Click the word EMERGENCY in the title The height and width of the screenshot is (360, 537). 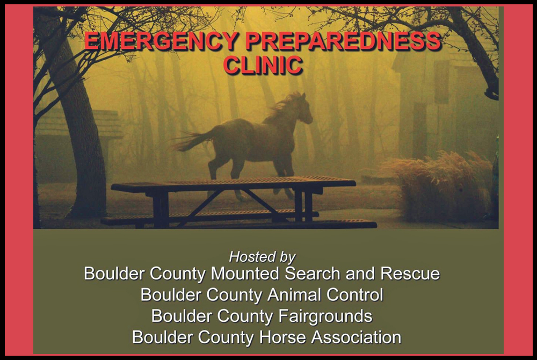[x=161, y=41]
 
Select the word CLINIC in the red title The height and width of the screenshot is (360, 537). [x=263, y=65]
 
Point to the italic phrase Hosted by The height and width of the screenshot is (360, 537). [x=263, y=256]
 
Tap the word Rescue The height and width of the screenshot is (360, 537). [x=410, y=273]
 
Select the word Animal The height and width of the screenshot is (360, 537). [x=294, y=294]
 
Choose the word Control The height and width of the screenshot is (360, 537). [x=354, y=294]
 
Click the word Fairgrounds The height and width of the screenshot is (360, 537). [x=325, y=316]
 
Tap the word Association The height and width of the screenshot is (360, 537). [x=356, y=337]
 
